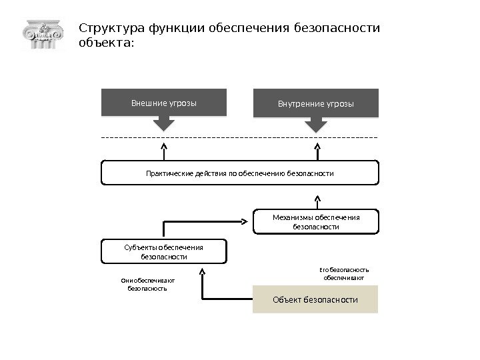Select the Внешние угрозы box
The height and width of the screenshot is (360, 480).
point(163,103)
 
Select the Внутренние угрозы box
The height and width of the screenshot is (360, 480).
point(316,104)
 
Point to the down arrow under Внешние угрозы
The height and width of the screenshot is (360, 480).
point(163,123)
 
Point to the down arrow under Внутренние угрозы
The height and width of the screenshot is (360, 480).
point(316,124)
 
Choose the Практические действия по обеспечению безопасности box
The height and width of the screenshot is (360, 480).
point(239,173)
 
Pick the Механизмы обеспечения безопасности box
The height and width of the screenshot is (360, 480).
point(316,222)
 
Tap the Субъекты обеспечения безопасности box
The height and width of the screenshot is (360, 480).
point(163,251)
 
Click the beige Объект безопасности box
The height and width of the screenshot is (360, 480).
point(315,299)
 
